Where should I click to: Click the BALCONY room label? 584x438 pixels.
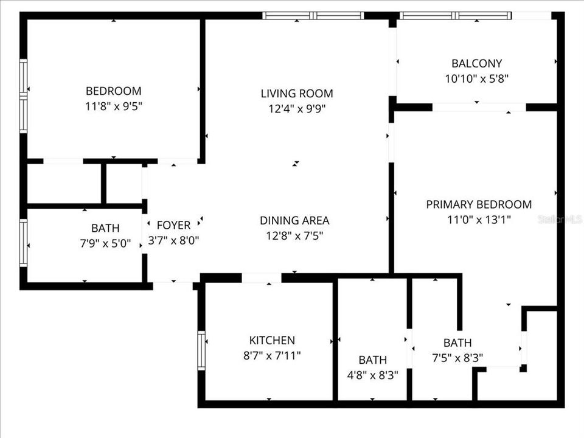pos(477,63)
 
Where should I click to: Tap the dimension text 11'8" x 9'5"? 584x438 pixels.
pos(114,106)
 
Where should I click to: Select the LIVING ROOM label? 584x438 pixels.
pos(297,94)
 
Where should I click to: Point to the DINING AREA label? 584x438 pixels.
pos(294,220)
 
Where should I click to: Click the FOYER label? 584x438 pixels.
pos(173,225)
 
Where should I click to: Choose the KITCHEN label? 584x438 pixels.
pos(272,340)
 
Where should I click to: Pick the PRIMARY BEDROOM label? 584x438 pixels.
pos(479,204)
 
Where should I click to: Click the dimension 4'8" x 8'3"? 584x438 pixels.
pos(373,375)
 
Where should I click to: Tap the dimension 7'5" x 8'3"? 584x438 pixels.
pos(457,358)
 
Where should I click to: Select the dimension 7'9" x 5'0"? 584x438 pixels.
pos(105,243)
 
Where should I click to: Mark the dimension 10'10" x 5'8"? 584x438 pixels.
pos(477,79)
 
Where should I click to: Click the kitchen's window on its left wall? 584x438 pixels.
pos(201,350)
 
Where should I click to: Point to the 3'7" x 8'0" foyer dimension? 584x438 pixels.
pos(173,241)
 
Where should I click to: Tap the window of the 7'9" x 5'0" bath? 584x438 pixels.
pos(24,243)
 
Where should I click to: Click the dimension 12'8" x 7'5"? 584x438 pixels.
pos(294,236)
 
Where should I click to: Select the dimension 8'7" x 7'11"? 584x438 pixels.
pos(272,356)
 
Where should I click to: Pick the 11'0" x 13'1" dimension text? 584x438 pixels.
pos(479,220)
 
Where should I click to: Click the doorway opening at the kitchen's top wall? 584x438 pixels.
pos(262,278)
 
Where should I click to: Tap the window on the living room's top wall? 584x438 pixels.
pos(313,16)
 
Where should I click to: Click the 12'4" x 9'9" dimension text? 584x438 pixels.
pos(297,109)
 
